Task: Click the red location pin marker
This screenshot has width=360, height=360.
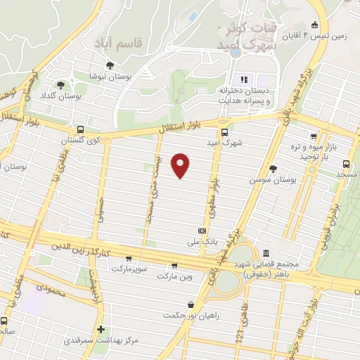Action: coord(181,165)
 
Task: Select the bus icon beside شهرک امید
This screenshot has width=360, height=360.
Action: coord(224,131)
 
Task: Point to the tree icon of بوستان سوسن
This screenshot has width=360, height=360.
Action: coord(272,168)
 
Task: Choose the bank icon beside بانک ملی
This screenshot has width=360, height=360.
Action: coord(202,231)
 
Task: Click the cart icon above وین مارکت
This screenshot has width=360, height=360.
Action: coord(174,265)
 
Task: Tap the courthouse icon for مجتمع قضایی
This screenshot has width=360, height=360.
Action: coord(265,252)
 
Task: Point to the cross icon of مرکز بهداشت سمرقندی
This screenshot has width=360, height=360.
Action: coord(102,329)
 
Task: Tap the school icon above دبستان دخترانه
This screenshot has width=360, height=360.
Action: coord(245,79)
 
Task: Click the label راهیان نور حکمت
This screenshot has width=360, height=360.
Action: coord(189,315)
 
